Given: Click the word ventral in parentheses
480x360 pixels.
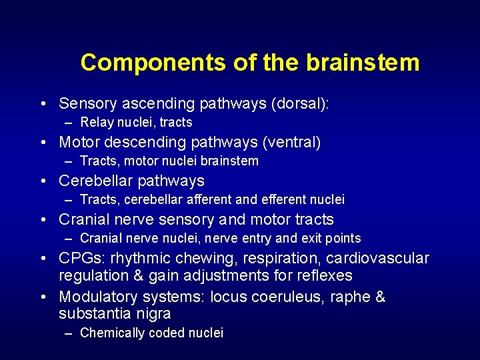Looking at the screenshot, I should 294,143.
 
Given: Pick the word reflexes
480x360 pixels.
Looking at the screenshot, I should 322,275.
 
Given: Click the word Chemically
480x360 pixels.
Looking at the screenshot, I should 111,333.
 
